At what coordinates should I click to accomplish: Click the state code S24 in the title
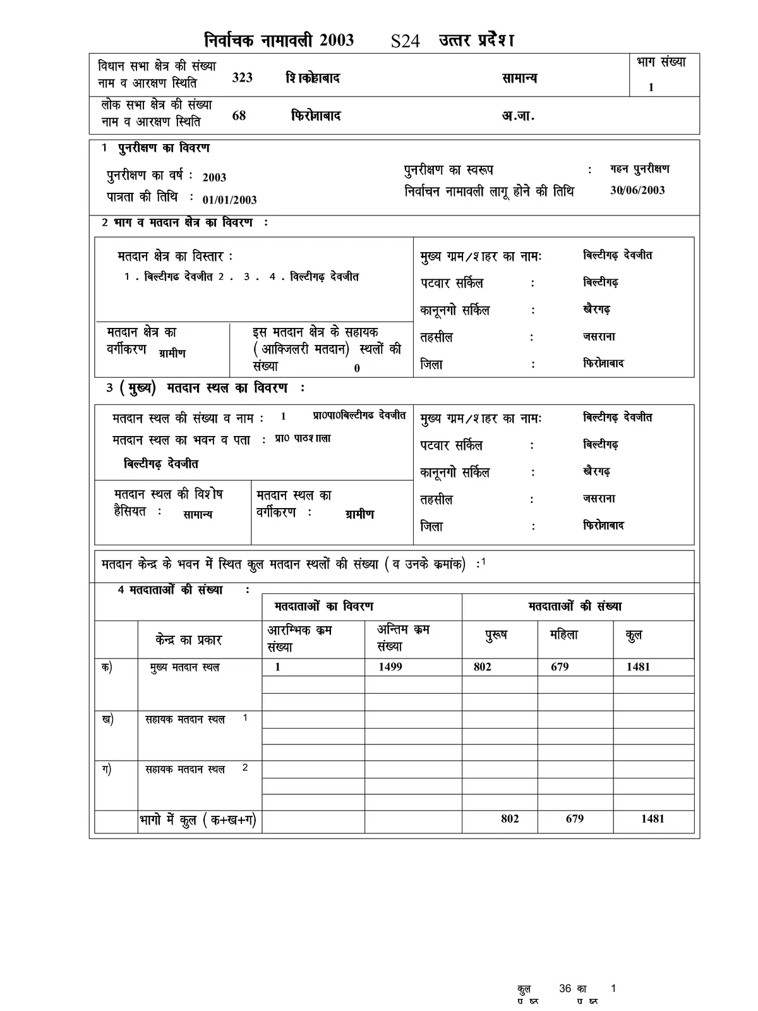pyautogui.click(x=405, y=42)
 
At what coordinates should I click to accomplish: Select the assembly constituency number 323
pyautogui.click(x=243, y=78)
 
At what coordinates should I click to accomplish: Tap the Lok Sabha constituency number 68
pyautogui.click(x=239, y=116)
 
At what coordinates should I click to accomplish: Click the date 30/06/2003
pyautogui.click(x=637, y=190)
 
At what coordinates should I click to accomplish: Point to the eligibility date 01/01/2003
pyautogui.click(x=229, y=200)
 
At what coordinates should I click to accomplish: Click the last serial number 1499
pyautogui.click(x=390, y=667)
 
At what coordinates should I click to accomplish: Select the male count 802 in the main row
pyautogui.click(x=482, y=667)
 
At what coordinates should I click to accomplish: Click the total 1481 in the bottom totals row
pyautogui.click(x=653, y=819)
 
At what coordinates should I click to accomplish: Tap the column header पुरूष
pyautogui.click(x=496, y=636)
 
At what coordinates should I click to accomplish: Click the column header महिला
pyautogui.click(x=564, y=635)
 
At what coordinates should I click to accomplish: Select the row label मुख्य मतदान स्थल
pyautogui.click(x=184, y=667)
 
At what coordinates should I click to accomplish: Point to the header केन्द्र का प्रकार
pyautogui.click(x=188, y=639)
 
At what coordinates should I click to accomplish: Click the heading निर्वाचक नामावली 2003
pyautogui.click(x=279, y=40)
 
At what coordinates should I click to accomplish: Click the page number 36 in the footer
pyautogui.click(x=565, y=989)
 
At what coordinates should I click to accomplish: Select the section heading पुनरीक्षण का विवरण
pyautogui.click(x=164, y=148)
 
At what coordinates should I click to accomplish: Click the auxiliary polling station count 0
pyautogui.click(x=357, y=368)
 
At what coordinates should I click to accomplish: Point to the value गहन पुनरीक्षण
pyautogui.click(x=640, y=169)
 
